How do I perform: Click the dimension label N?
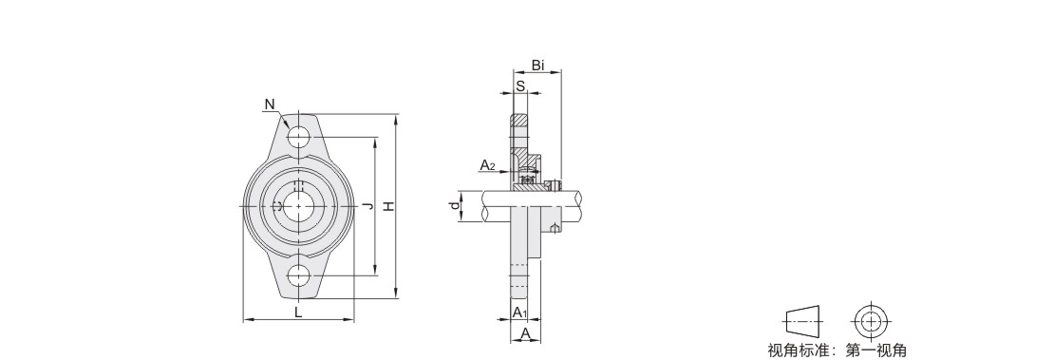tap(270, 104)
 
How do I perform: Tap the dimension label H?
tap(388, 207)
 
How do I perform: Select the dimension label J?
tap(367, 206)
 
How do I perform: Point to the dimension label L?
tap(298, 311)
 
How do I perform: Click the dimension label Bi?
tap(537, 66)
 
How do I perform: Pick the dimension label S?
tap(520, 86)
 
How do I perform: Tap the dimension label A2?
tap(487, 165)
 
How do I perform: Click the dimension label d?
tap(456, 206)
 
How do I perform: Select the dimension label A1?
tap(519, 313)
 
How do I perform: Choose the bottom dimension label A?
tap(526, 333)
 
